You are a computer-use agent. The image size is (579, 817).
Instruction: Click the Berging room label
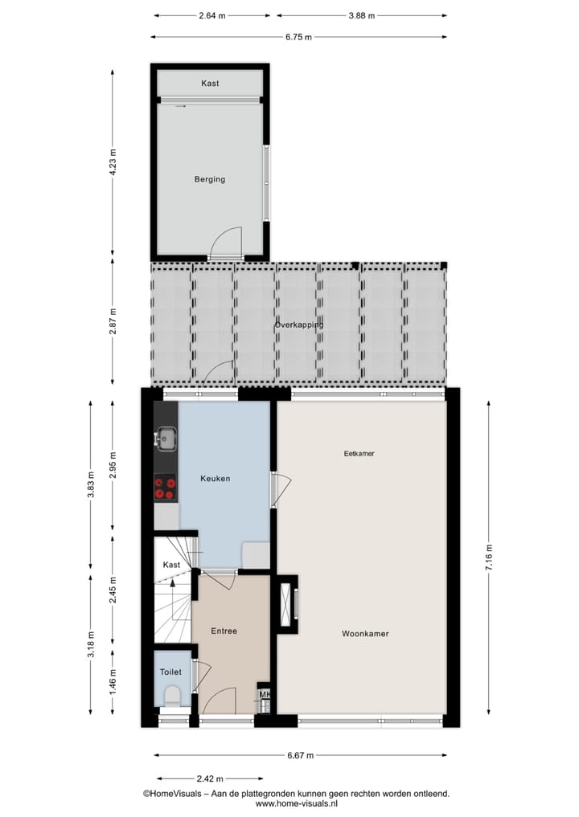point(209,179)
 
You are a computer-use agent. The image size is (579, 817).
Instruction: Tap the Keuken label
point(215,479)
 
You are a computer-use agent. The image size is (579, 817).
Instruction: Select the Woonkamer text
point(365,634)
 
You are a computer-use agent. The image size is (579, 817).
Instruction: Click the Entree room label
point(224,631)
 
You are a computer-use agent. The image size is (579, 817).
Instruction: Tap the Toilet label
point(170,672)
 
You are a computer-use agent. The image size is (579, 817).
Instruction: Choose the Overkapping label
point(298,325)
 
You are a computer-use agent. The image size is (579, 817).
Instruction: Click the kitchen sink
point(166,439)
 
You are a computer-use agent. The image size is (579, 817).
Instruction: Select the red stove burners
point(165,488)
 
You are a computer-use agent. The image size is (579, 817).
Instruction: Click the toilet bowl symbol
point(171,695)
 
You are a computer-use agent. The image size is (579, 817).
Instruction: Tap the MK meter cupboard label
point(265,695)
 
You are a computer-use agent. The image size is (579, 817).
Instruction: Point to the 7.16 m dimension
point(488,556)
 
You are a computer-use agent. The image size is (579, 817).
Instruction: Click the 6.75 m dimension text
point(298,37)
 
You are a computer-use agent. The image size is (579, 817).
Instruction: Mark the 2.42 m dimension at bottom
point(209,778)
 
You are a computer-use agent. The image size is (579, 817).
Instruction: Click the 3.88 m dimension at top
point(361,15)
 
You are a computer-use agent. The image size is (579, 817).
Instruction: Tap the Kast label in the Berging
point(210,84)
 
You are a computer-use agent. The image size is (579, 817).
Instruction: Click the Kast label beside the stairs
point(171,565)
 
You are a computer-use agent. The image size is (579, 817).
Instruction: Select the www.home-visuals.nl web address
point(296,803)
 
